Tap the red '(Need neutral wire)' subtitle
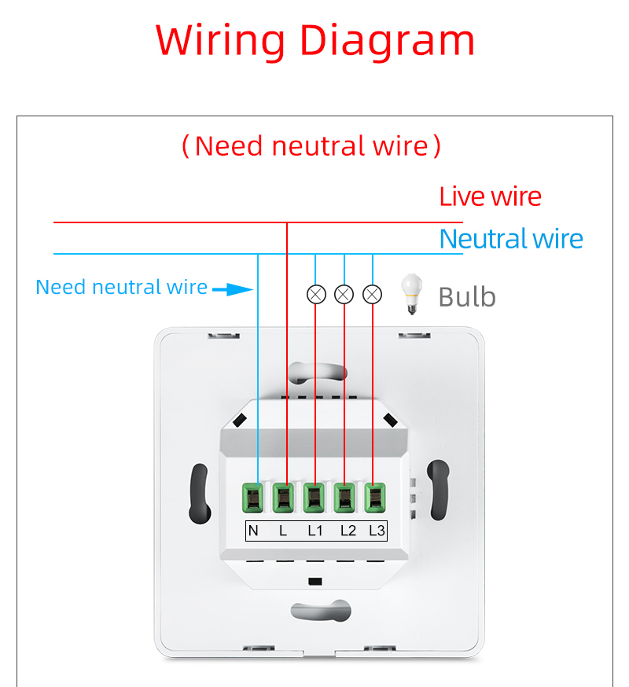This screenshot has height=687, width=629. [x=311, y=145]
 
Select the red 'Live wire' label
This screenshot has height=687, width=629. [x=490, y=197]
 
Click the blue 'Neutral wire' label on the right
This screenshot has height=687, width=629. [x=511, y=239]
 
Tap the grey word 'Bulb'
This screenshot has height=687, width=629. [x=467, y=297]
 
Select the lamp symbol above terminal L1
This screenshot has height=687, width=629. [x=315, y=295]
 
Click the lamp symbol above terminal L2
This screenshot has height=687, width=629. [x=344, y=295]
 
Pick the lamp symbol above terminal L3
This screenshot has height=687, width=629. [x=373, y=295]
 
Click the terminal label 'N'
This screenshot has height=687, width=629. [x=253, y=531]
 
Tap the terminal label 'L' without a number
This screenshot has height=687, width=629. [x=283, y=531]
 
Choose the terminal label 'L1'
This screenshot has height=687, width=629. [x=315, y=531]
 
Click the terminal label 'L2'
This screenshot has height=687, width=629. [x=348, y=531]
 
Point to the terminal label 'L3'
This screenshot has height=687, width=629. [x=377, y=531]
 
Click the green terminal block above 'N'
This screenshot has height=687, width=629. [x=253, y=497]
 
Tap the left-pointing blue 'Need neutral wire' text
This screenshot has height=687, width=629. [x=122, y=288]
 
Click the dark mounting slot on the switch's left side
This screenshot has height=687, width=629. [x=199, y=494]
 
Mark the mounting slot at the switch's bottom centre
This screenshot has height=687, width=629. [x=318, y=611]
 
